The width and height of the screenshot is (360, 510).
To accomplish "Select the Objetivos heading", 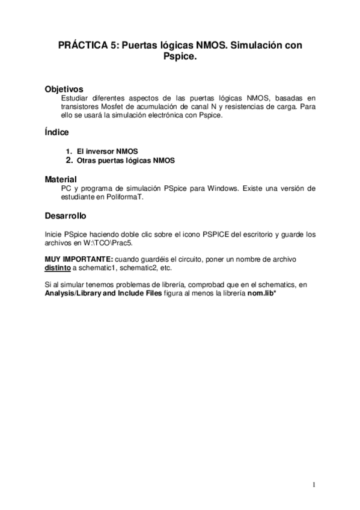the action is click(x=64, y=89).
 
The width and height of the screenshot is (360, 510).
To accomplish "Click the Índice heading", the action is click(x=56, y=132).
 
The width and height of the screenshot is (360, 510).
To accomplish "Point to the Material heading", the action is click(x=60, y=179).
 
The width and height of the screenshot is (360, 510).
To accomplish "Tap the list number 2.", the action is click(x=69, y=161).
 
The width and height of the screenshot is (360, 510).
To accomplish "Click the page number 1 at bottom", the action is click(x=314, y=484).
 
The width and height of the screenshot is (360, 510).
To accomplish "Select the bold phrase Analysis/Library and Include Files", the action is click(x=103, y=293).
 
